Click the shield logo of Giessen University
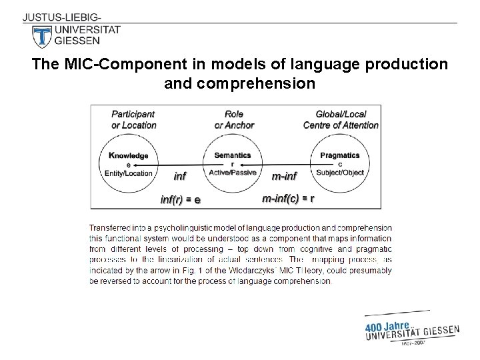point(42,36)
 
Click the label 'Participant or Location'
point(134,119)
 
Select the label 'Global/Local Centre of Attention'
point(341,119)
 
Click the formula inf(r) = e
point(181,199)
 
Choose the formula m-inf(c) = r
point(288,198)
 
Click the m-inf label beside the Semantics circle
point(285,176)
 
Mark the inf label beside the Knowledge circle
point(180,176)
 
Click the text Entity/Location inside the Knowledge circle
point(129,173)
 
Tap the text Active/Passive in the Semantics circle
point(233,173)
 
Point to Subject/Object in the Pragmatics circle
point(340,173)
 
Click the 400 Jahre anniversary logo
point(412,329)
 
